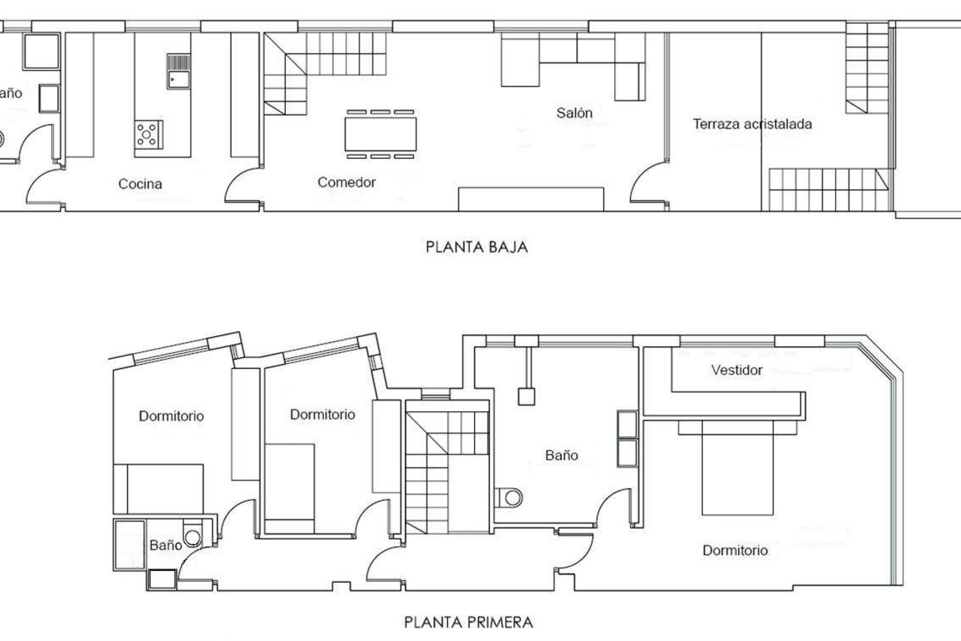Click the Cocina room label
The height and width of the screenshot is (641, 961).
[x=140, y=184]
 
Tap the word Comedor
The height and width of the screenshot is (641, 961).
[x=346, y=182]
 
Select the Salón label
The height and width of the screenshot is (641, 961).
[x=574, y=113]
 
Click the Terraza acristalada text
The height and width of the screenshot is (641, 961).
[x=752, y=124]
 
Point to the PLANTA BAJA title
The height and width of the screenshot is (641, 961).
[x=476, y=247]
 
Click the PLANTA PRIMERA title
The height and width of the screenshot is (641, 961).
[x=468, y=622]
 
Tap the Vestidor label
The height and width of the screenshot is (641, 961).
[x=737, y=370]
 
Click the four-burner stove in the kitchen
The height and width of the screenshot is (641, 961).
[x=148, y=134]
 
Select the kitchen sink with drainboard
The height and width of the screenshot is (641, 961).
[x=178, y=72]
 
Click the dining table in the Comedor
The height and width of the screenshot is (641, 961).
[x=380, y=134]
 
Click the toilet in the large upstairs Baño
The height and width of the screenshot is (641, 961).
[x=510, y=498]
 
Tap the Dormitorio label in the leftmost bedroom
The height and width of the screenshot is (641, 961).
[x=171, y=416]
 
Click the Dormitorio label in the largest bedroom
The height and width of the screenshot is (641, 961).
[x=735, y=550]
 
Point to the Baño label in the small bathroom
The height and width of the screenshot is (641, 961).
[x=165, y=545]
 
